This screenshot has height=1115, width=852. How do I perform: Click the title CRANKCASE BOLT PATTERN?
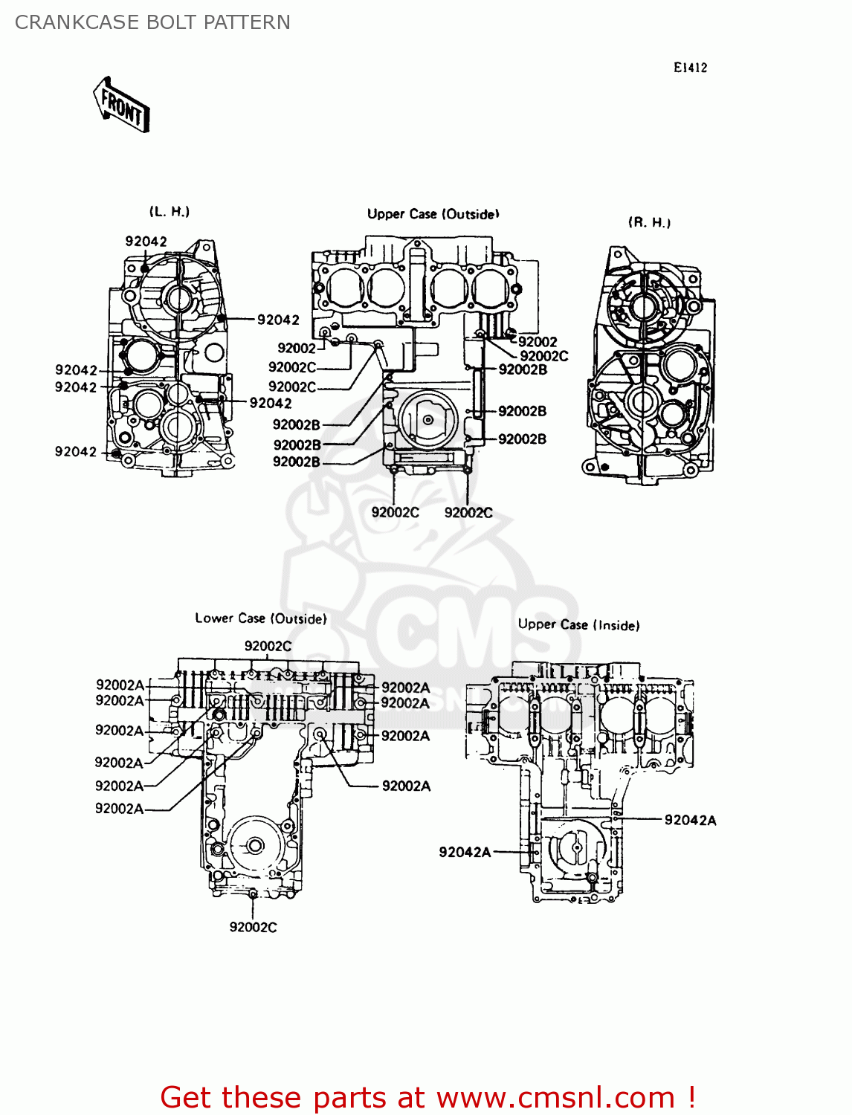152,22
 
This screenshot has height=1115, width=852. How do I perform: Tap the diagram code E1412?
690,68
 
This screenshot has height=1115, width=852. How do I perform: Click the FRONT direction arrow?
121,106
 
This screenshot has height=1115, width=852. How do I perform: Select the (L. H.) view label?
170,212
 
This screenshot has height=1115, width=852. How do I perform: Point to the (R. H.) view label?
649,222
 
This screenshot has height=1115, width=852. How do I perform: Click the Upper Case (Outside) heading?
433,214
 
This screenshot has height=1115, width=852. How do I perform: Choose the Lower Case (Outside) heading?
260,618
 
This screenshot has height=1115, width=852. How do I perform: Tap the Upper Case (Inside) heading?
578,624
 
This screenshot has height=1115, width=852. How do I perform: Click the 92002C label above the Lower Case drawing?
268,646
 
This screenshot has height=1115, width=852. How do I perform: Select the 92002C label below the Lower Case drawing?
253,927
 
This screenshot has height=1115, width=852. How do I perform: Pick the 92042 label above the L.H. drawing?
146,241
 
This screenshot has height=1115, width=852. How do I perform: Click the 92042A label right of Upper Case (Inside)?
690,820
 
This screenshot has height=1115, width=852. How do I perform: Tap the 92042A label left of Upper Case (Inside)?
465,852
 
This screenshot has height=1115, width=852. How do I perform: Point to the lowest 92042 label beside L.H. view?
75,451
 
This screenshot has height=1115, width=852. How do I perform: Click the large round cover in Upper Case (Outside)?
428,419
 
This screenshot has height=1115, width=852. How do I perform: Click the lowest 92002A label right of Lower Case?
406,786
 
